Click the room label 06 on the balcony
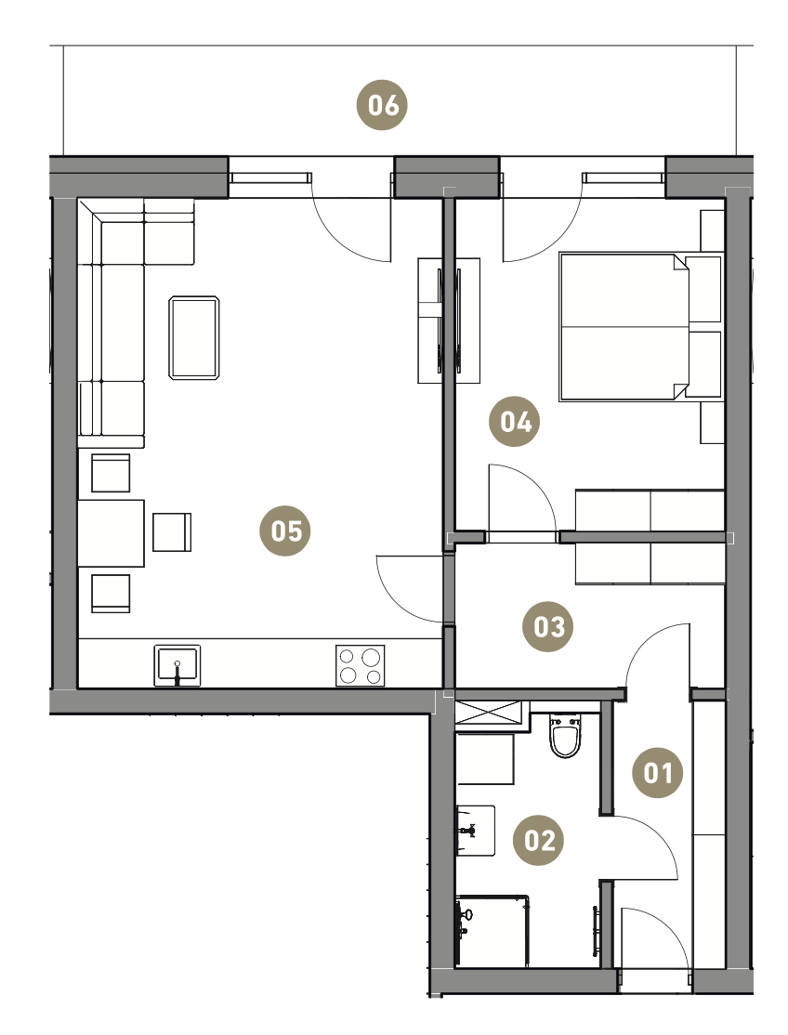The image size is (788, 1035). point(382,105)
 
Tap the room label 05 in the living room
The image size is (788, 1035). point(285,531)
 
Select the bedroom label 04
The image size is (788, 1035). point(514,421)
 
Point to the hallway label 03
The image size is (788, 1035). point(547,626)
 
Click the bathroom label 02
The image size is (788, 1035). point(539,840)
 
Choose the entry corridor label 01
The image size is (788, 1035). point(657,772)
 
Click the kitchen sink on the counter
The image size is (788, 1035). point(177,665)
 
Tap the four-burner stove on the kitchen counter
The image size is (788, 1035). point(361,665)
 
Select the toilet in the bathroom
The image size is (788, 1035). point(565,735)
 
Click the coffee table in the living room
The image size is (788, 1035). point(194,338)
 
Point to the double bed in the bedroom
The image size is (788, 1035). point(624,327)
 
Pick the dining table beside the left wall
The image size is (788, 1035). point(111,533)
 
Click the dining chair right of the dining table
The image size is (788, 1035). point(172,532)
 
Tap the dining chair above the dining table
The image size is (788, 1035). point(111,473)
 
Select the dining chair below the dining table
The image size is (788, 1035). point(111,594)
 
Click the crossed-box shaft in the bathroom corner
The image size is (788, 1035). point(489,713)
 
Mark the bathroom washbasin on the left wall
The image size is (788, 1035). point(475,831)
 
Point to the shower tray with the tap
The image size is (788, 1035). point(492,931)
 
